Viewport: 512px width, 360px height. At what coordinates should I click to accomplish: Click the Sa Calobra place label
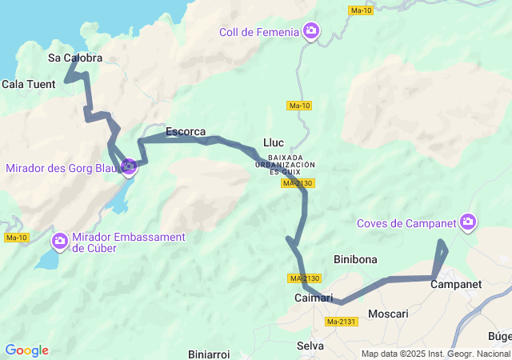tap(75, 58)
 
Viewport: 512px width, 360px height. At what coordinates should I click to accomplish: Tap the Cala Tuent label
tap(29, 83)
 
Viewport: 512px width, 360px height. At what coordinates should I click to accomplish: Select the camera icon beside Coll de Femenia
tap(311, 32)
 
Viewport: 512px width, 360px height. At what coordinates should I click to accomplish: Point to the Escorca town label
tap(186, 131)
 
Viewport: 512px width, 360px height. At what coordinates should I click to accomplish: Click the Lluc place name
tap(274, 142)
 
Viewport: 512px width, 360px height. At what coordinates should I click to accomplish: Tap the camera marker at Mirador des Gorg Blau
tap(128, 166)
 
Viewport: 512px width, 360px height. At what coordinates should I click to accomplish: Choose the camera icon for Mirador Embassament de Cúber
tap(60, 241)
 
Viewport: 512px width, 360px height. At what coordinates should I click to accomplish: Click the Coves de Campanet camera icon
tap(468, 222)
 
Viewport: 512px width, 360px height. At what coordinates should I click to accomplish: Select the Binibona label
tap(354, 259)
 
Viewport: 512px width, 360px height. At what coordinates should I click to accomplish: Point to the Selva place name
tap(310, 346)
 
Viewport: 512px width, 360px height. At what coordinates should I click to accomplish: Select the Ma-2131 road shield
tap(342, 322)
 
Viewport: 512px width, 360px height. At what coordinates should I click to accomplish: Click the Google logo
tap(26, 350)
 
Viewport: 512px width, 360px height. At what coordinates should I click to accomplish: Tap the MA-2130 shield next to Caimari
tap(305, 278)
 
